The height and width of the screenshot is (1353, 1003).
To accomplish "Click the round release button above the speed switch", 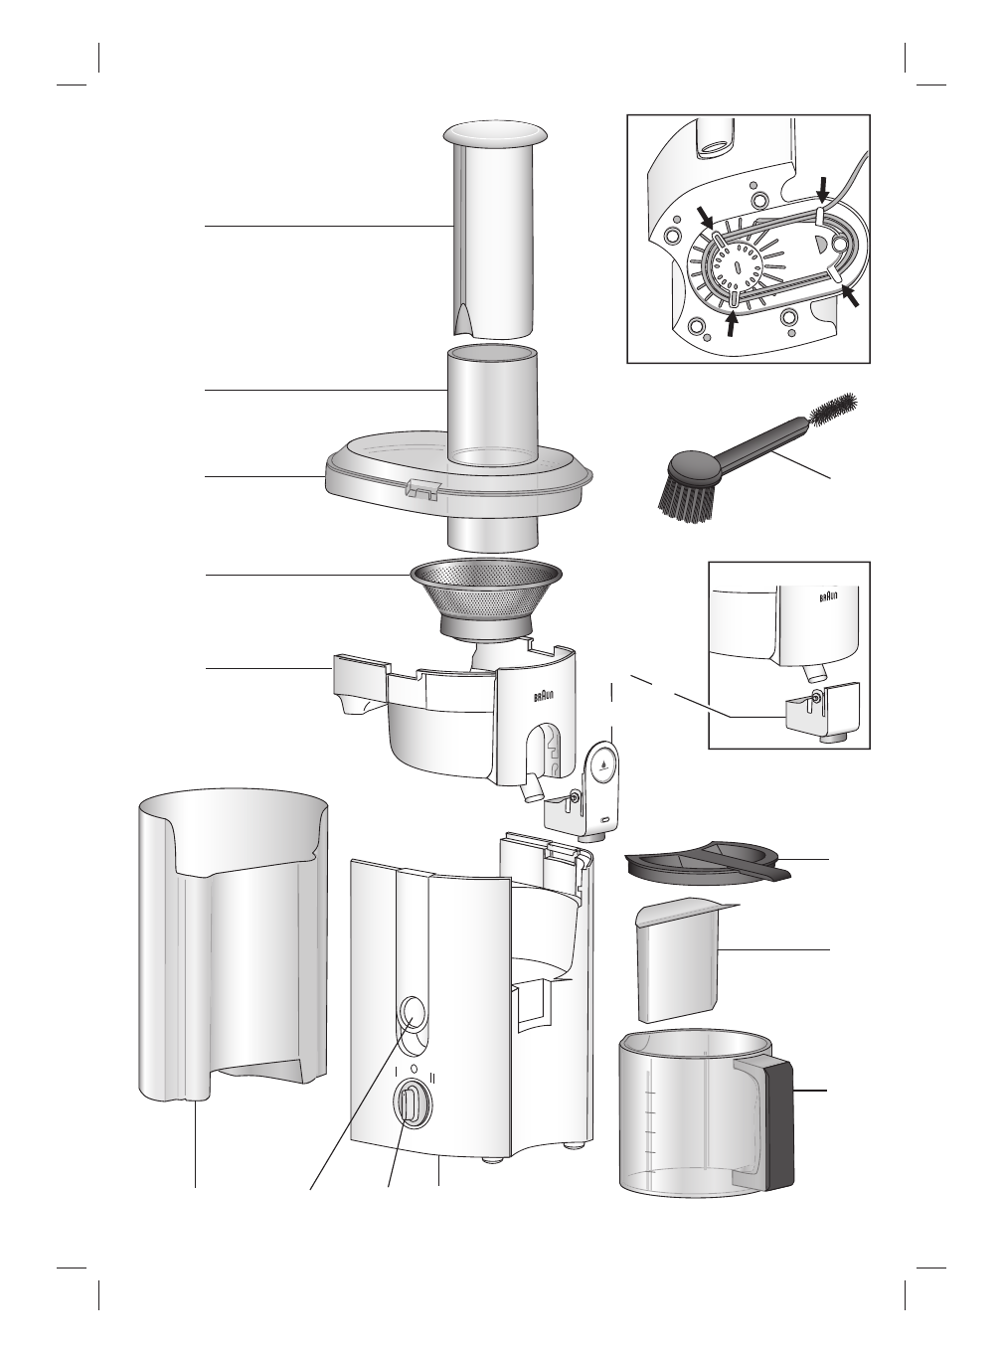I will pyautogui.click(x=410, y=1013).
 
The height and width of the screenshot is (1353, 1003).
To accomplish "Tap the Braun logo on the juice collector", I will pyautogui.click(x=545, y=700).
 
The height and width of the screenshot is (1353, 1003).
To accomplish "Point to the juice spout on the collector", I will pyautogui.click(x=532, y=787).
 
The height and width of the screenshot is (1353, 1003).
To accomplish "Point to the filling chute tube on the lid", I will pyautogui.click(x=494, y=408).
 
